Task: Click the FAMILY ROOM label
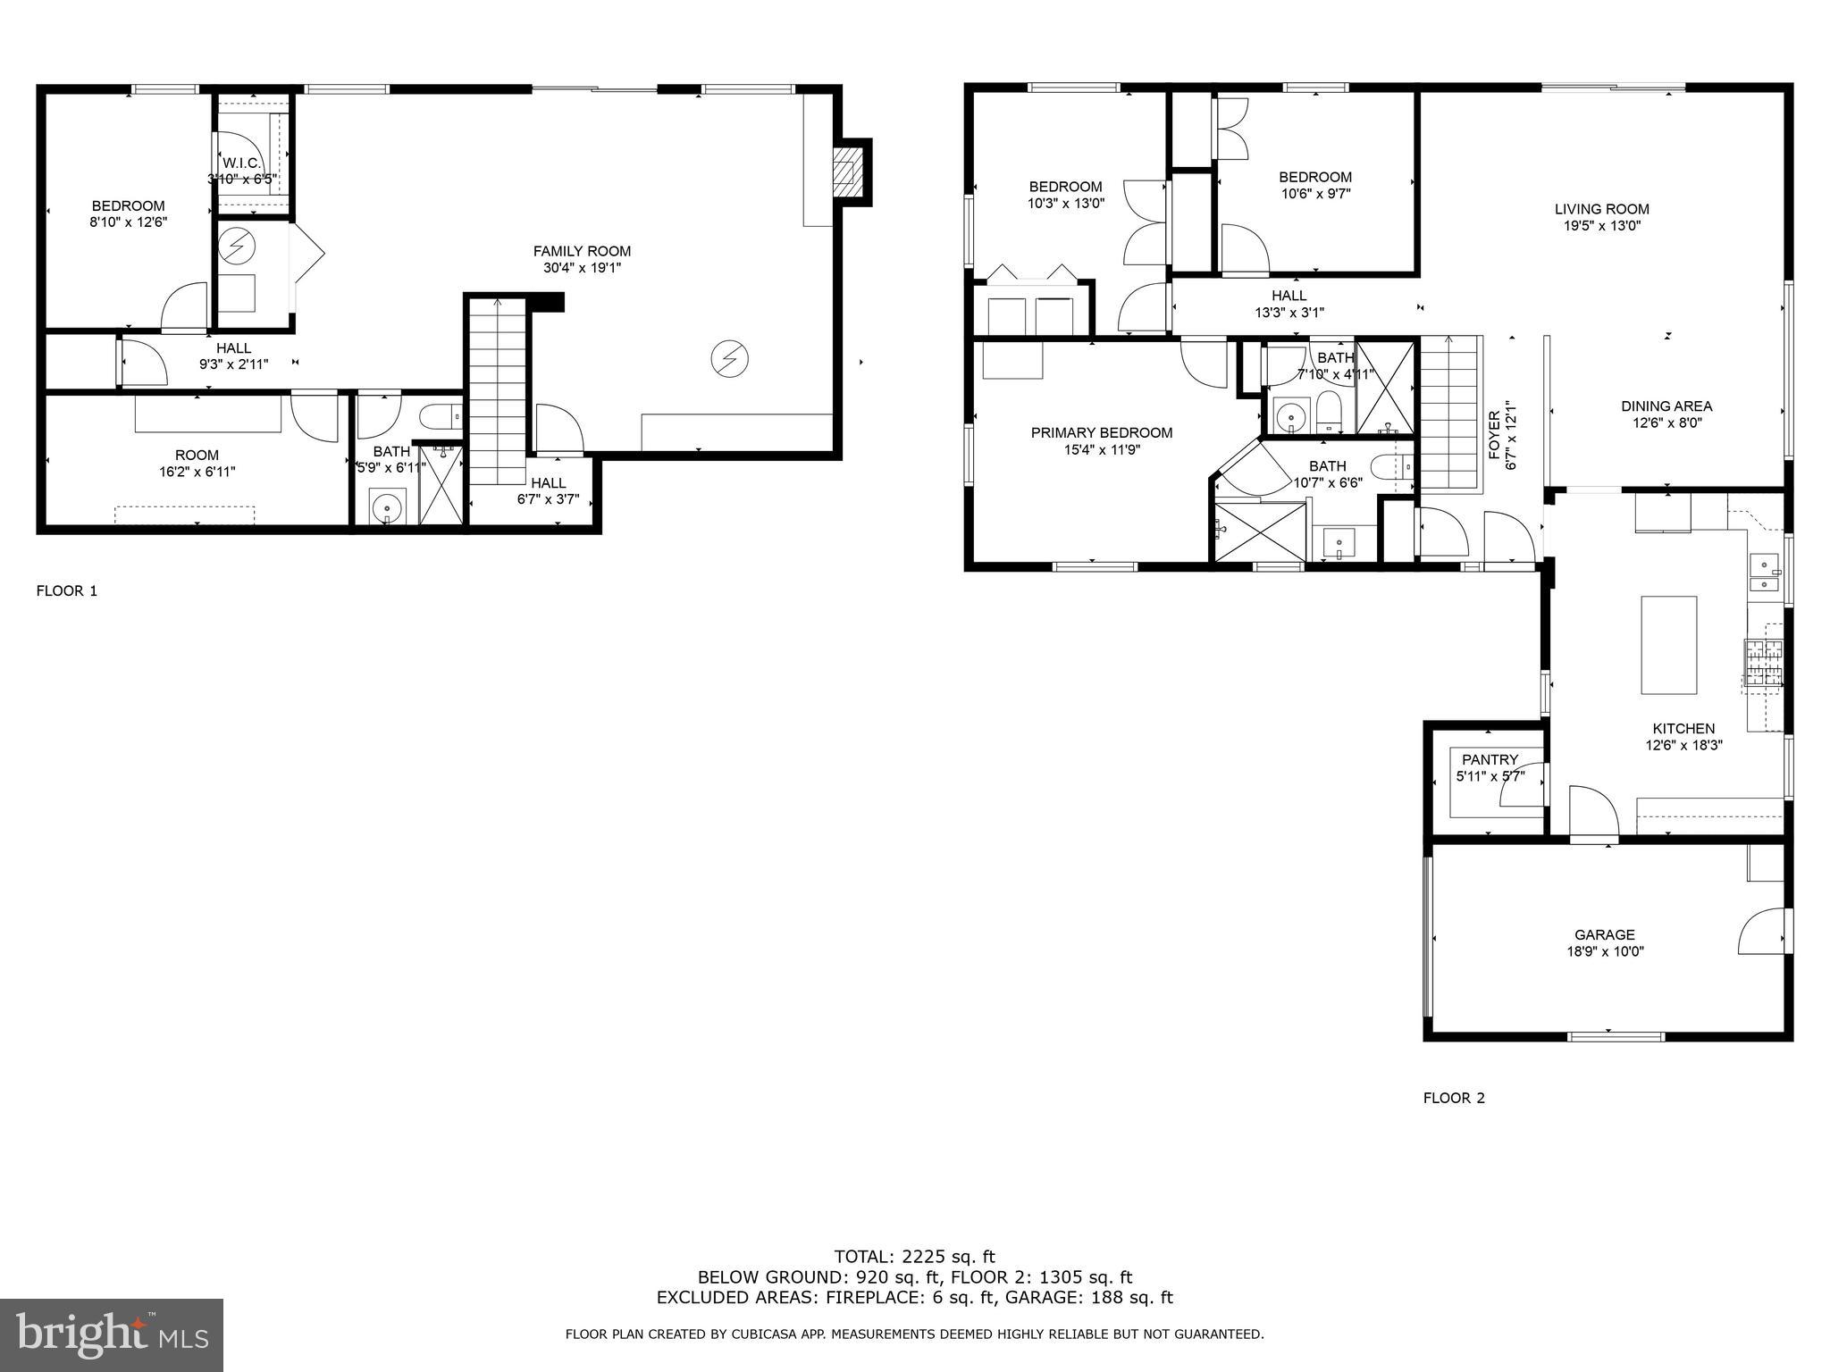[582, 251]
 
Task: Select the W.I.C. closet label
[241, 163]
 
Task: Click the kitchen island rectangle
[1668, 644]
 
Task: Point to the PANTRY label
[1490, 760]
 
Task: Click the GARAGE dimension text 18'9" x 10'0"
[1605, 951]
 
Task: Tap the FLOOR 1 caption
[66, 590]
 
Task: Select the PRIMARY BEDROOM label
[1101, 432]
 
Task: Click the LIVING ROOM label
[1601, 209]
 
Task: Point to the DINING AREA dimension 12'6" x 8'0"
[1666, 422]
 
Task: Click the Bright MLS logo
[111, 1334]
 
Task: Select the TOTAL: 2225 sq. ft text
[914, 1257]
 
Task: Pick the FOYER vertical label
[1494, 434]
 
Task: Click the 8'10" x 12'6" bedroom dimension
[128, 222]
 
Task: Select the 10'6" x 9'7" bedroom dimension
[1314, 193]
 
